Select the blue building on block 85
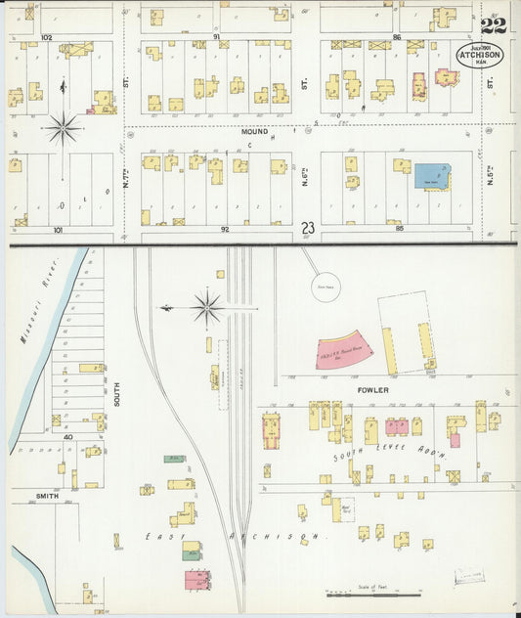pyautogui.click(x=429, y=176)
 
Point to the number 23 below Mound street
pyautogui.click(x=309, y=228)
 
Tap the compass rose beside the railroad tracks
pyautogui.click(x=207, y=308)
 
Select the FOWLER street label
pyautogui.click(x=372, y=390)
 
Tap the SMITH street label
pyautogui.click(x=48, y=496)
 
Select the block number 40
pyautogui.click(x=68, y=437)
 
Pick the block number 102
pyautogui.click(x=45, y=36)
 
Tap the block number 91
pyautogui.click(x=216, y=36)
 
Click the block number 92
pyautogui.click(x=224, y=229)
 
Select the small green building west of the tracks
pyautogui.click(x=175, y=458)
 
